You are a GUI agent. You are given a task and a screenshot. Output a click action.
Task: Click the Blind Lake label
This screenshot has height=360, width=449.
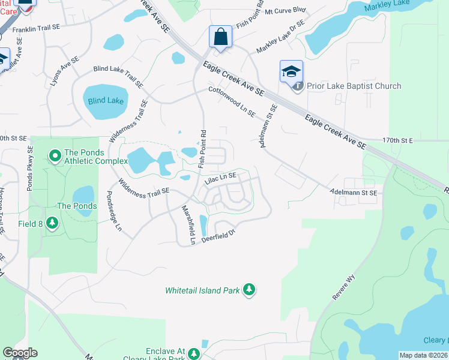(x=106, y=101)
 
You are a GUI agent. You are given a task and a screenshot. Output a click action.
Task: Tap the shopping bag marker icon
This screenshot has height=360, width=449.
(x=220, y=37)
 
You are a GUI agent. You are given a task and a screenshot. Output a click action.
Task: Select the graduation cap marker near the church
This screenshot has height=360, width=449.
(x=291, y=71)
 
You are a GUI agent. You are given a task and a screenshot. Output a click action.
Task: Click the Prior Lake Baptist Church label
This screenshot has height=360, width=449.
(x=354, y=86)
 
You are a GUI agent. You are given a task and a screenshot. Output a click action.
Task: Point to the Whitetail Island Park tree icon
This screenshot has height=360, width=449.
(x=249, y=290)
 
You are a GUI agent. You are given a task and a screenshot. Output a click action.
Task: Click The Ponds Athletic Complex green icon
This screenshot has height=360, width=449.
(x=55, y=157)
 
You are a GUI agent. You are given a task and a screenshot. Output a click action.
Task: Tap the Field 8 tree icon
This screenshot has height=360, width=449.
(x=53, y=223)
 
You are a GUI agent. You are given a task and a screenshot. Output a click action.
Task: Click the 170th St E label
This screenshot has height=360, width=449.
(x=398, y=140)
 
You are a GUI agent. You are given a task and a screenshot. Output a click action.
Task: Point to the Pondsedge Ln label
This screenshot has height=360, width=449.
(x=114, y=212)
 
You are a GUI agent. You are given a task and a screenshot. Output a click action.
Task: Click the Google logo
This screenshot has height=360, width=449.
(x=20, y=353)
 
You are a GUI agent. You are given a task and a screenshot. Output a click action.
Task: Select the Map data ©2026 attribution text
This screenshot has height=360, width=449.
(x=423, y=355)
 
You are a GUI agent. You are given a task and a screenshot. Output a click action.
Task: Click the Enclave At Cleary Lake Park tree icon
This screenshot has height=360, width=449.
(x=194, y=354)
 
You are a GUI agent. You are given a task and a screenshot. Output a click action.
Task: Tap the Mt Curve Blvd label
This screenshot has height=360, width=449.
(x=285, y=11)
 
